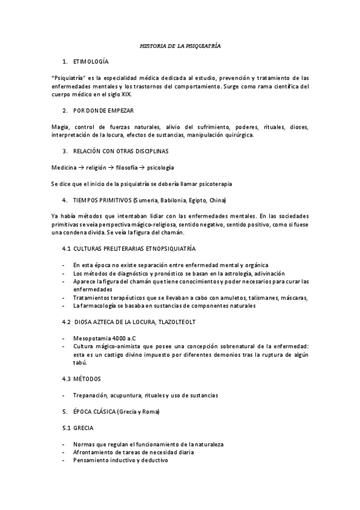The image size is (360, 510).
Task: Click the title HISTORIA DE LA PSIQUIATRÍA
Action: point(180,46)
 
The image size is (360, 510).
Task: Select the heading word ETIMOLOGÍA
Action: point(91,62)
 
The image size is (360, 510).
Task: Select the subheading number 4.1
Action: point(67,248)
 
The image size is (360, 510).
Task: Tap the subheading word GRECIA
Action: point(83,428)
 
